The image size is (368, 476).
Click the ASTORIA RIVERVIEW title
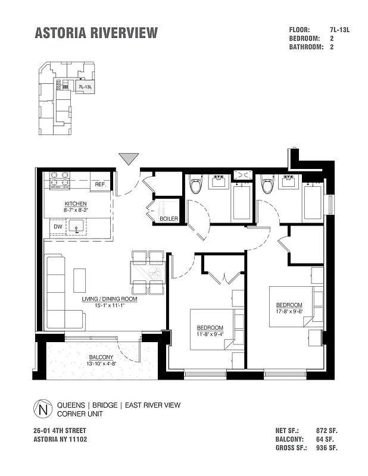click(96, 33)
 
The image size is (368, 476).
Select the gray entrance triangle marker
click(129, 159)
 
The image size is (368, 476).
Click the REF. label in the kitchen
click(101, 185)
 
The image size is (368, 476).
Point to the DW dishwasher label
click(58, 227)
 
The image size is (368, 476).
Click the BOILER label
click(169, 219)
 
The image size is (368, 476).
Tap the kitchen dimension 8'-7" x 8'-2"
click(76, 210)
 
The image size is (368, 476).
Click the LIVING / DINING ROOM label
click(110, 299)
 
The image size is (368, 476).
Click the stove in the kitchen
click(60, 180)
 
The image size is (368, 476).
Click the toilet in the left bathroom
click(195, 186)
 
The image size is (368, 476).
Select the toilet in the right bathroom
click(267, 186)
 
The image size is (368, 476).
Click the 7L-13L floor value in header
click(339, 29)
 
